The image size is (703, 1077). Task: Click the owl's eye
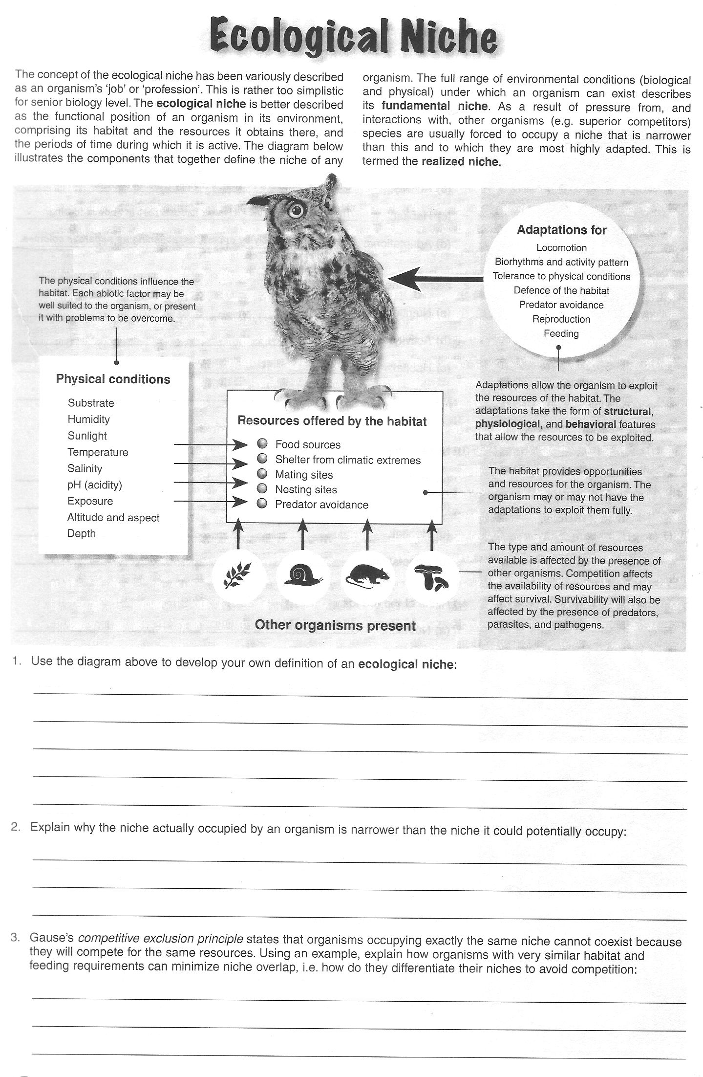(296, 210)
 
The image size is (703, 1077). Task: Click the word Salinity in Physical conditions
(85, 468)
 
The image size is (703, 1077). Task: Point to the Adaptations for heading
(561, 230)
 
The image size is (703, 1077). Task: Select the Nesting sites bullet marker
(262, 488)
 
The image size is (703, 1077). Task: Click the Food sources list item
(307, 444)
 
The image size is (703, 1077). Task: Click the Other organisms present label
(335, 625)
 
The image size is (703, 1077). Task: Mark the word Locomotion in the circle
(561, 248)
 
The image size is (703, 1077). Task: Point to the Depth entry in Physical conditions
(82, 533)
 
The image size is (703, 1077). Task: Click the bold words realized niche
(460, 162)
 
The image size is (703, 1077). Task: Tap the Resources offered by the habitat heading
(332, 421)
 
